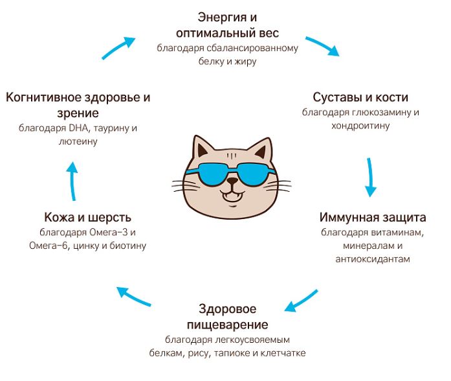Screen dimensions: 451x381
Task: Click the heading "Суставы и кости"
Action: coord(360,97)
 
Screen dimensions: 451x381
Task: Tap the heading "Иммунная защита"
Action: coord(373,217)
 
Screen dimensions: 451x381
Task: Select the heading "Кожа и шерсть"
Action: coord(88,217)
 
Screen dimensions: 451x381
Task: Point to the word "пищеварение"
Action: coord(228,325)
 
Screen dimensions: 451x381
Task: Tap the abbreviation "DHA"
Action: coord(78,128)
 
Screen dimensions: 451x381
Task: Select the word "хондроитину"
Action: coord(360,126)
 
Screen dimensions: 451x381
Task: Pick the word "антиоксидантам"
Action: coord(373,259)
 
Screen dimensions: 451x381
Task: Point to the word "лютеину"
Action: coord(78,141)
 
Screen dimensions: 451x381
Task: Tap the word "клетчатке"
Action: coord(283,352)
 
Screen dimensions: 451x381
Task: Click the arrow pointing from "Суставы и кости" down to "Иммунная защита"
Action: coord(370,177)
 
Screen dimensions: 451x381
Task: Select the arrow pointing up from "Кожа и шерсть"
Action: coord(72,181)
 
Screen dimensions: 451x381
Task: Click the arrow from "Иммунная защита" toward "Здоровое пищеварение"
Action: coord(301,301)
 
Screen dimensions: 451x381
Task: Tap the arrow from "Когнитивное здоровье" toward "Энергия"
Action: coord(118,47)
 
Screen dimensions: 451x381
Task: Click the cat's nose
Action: coord(232,181)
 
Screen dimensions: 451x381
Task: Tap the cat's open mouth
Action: coord(232,197)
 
